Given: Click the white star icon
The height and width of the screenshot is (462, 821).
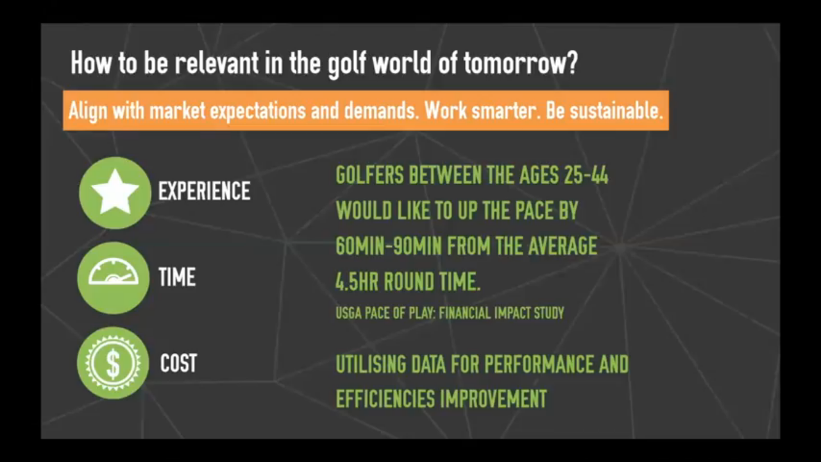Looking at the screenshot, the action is (115, 192).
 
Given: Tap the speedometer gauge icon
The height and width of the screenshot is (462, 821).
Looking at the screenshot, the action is (114, 271).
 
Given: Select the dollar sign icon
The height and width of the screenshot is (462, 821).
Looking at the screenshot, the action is (113, 363).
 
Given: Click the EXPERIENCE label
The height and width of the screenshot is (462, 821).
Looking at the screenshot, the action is (204, 191).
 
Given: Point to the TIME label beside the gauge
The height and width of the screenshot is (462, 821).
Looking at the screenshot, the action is (177, 277).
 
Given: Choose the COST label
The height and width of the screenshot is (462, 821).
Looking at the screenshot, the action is (178, 363).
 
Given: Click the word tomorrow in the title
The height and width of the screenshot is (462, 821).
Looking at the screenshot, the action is (521, 63).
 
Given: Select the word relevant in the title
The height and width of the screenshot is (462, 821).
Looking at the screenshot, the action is (217, 63).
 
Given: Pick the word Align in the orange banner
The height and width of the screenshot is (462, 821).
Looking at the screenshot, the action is (88, 111).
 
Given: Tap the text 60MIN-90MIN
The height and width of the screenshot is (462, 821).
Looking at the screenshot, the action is (389, 246).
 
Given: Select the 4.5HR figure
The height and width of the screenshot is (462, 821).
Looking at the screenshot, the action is (357, 281).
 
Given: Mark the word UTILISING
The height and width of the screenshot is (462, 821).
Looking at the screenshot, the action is (371, 364).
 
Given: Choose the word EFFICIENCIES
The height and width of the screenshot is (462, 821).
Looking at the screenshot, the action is (385, 399).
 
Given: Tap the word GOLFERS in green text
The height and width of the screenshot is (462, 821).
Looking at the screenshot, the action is (369, 175).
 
